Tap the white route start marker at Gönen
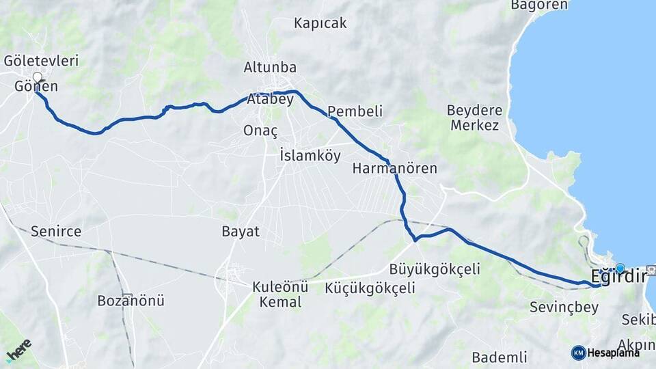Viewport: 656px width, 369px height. (37, 77)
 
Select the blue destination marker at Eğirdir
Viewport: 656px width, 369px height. (620, 269)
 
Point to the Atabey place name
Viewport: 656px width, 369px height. (271, 100)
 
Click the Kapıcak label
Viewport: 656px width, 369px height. (320, 23)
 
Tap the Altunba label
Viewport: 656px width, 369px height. (270, 67)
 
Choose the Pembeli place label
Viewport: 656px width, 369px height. (355, 111)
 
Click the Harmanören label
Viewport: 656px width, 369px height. (395, 168)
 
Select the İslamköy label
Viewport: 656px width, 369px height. (310, 156)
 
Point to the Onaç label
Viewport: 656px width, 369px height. (260, 131)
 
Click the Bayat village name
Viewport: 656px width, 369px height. (241, 231)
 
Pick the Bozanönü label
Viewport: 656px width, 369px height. (131, 301)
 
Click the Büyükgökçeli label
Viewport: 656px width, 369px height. (434, 269)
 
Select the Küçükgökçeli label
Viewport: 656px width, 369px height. (370, 288)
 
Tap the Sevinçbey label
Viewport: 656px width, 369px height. (564, 307)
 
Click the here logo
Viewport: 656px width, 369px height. (18, 350)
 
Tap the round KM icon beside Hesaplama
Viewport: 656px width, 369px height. (578, 353)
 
